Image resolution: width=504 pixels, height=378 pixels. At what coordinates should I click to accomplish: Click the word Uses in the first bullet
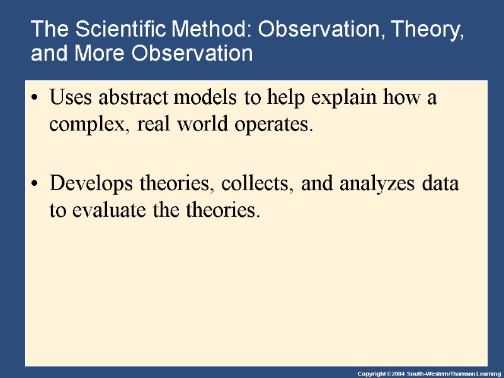pyautogui.click(x=70, y=100)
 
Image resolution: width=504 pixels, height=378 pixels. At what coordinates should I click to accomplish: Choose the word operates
pyautogui.click(x=273, y=125)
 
